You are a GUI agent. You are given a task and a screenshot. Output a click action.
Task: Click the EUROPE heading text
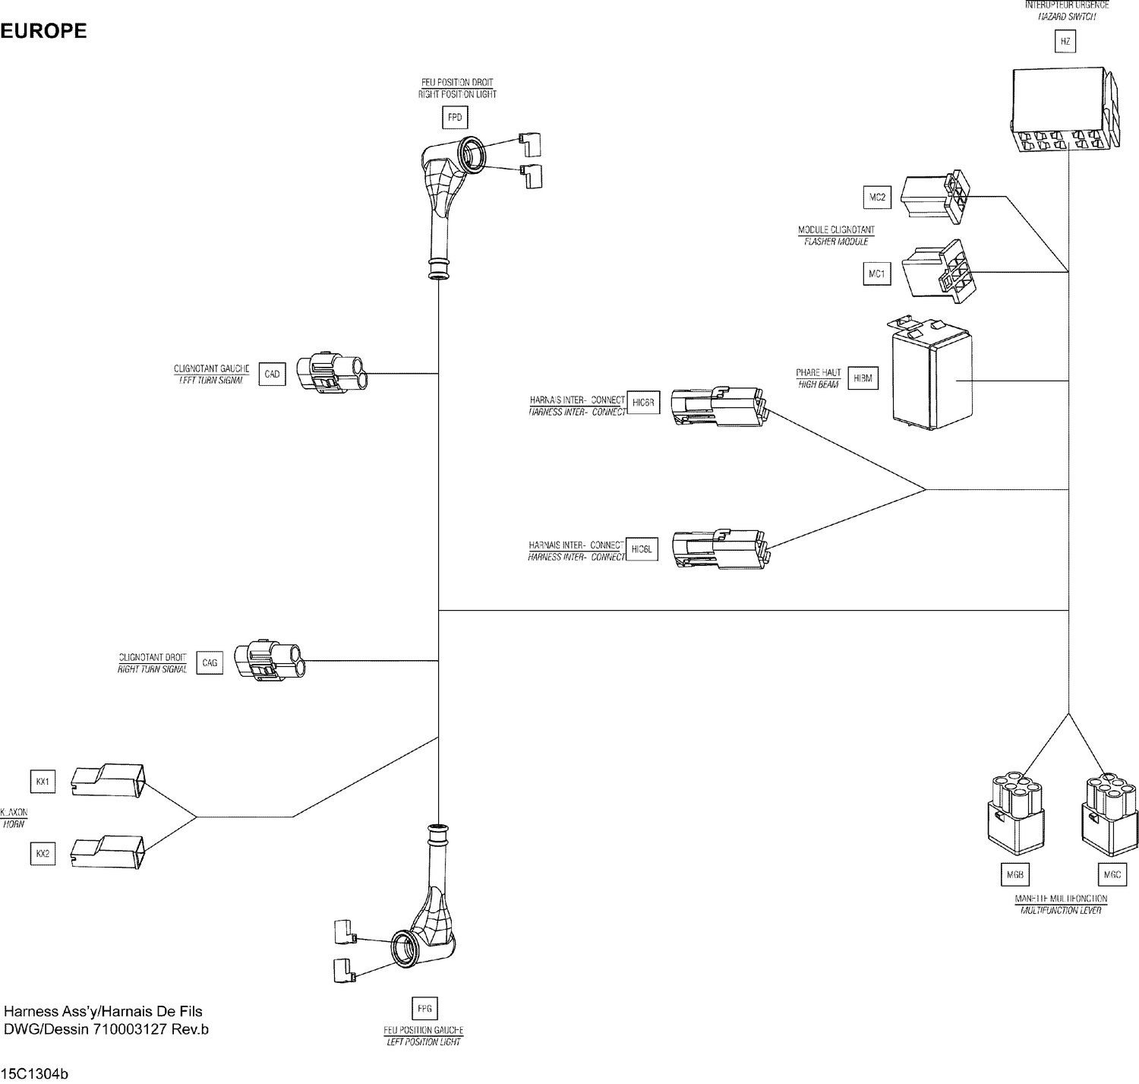(x=43, y=31)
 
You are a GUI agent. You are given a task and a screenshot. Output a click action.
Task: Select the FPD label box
(x=455, y=118)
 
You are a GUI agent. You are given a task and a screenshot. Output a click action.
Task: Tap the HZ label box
(x=1065, y=42)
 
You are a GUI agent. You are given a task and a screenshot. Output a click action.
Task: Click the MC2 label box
(x=877, y=198)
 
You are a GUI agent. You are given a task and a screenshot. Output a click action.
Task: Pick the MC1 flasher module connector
(x=938, y=272)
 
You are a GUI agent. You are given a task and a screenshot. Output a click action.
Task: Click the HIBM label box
(x=863, y=378)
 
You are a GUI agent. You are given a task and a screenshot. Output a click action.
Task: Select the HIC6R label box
(x=642, y=402)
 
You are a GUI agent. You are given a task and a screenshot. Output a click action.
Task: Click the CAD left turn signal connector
(x=332, y=373)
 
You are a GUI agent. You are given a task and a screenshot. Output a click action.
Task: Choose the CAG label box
(x=210, y=663)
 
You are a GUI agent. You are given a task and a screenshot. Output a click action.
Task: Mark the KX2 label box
(x=43, y=854)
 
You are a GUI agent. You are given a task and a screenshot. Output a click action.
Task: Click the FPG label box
(x=424, y=1009)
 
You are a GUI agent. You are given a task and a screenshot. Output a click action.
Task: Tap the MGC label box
(x=1112, y=875)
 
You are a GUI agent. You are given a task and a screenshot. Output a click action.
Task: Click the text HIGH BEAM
(x=818, y=385)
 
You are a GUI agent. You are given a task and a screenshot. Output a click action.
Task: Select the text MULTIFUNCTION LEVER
(x=1061, y=910)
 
